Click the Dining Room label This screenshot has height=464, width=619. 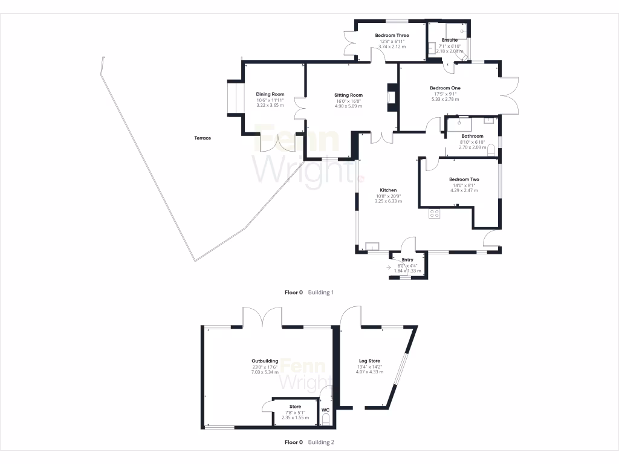tap(270, 94)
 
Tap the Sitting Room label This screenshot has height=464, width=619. tap(349, 95)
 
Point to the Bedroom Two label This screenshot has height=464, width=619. tap(464, 179)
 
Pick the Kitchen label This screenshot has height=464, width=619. tap(388, 190)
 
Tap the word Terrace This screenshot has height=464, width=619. tap(203, 138)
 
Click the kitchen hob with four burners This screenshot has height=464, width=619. tap(434, 213)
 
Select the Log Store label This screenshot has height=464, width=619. tap(369, 361)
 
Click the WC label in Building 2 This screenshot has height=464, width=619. tap(325, 410)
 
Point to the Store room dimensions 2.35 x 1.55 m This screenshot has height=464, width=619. tap(295, 417)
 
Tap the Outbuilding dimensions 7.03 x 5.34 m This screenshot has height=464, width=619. tap(265, 372)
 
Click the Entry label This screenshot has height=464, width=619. tap(407, 260)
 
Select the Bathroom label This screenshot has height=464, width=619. tap(472, 137)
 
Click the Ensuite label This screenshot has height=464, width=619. tap(449, 40)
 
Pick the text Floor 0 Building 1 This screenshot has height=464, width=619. tap(309, 292)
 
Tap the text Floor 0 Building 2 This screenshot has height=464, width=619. tap(309, 442)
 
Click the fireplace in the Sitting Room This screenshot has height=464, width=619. tap(391, 98)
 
